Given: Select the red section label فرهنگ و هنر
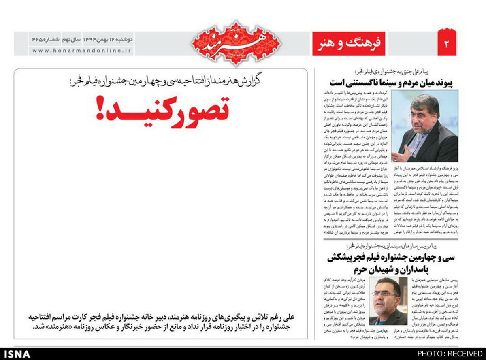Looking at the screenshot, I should tap(350, 43).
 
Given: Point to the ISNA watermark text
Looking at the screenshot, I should tap(16, 354).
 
